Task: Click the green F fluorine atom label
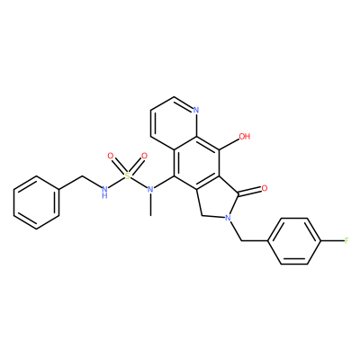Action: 346,240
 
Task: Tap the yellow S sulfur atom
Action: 128,176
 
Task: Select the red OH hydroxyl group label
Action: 245,137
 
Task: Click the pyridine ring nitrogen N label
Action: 196,110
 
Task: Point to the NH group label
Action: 104,192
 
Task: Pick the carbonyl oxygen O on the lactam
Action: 265,188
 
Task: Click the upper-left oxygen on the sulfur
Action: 111,156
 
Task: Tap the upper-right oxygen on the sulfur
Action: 145,156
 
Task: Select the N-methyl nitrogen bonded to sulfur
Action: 150,189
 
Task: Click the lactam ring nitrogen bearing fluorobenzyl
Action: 229,218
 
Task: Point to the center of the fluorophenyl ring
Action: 294,241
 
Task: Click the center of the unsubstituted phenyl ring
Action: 36,202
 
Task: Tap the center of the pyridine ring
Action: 174,123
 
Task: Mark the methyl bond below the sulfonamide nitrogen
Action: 150,204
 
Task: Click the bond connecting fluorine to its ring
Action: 332,240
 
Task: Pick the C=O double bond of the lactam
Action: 249,192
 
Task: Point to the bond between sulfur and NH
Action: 116,183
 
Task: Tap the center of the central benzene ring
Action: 196,163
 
